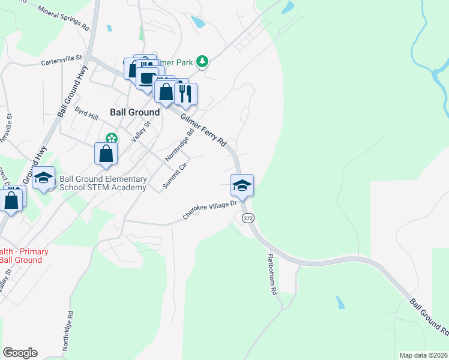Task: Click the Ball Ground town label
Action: pyautogui.click(x=135, y=112)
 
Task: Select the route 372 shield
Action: pyautogui.click(x=248, y=218)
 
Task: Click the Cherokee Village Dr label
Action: pyautogui.click(x=211, y=210)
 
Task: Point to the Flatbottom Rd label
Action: pyautogui.click(x=272, y=274)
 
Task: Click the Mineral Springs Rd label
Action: pyautogui.click(x=63, y=19)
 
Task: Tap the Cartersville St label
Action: pyautogui.click(x=61, y=60)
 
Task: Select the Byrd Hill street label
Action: pyautogui.click(x=86, y=113)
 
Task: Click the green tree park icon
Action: pyautogui.click(x=203, y=61)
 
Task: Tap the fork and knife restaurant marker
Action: pyautogui.click(x=185, y=92)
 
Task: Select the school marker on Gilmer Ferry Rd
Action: pyautogui.click(x=242, y=184)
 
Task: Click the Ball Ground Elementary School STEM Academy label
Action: pyautogui.click(x=103, y=184)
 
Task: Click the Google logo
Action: pyautogui.click(x=20, y=353)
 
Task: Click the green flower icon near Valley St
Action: pyautogui.click(x=110, y=138)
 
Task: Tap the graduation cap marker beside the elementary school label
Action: pyautogui.click(x=43, y=178)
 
